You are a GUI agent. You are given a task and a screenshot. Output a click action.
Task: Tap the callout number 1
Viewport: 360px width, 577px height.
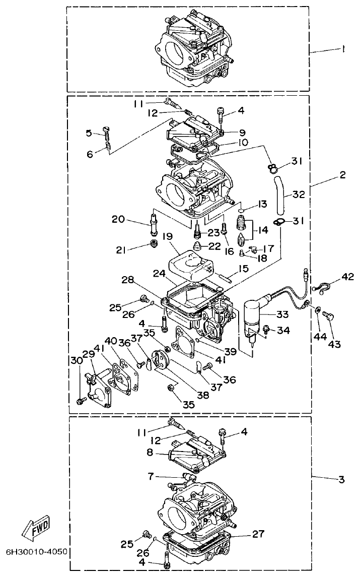pos(342,49)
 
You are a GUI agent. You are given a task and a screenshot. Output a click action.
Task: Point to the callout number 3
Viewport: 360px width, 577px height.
pos(341,479)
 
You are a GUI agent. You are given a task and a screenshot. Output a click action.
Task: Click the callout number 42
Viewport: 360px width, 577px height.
pos(347,277)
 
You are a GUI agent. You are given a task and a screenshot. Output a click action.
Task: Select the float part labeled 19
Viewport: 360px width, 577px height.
pos(191,263)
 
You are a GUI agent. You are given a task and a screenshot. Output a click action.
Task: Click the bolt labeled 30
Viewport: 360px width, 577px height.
pos(81,401)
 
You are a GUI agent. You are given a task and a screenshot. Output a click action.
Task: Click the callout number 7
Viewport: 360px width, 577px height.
pos(151,475)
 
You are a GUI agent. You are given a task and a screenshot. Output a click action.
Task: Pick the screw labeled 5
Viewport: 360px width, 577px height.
pos(107,132)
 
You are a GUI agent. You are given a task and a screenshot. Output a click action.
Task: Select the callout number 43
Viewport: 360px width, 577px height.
pos(334,344)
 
